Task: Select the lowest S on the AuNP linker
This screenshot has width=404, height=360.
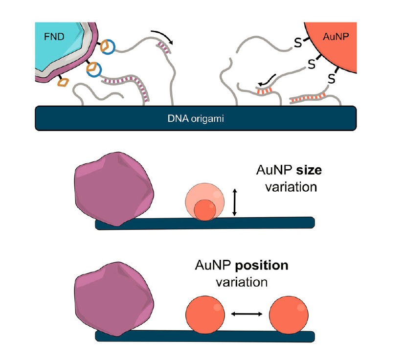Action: pos(331,79)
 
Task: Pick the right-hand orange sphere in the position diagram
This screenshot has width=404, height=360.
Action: pos(288,314)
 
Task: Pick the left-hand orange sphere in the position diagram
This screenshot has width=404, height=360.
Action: pos(205,314)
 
